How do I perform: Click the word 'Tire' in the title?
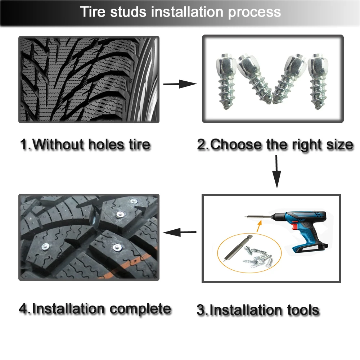tap(93, 12)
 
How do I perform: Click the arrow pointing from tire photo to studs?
tap(180, 84)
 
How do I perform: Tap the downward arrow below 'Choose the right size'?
tap(276, 171)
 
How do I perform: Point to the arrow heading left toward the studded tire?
tap(180, 232)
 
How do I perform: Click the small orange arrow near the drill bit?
tap(259, 226)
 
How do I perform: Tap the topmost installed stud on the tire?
tap(134, 202)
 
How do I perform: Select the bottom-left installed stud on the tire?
tap(45, 247)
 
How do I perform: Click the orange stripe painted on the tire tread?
tap(129, 264)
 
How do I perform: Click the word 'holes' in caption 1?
tap(106, 145)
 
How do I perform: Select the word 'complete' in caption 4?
tap(140, 309)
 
